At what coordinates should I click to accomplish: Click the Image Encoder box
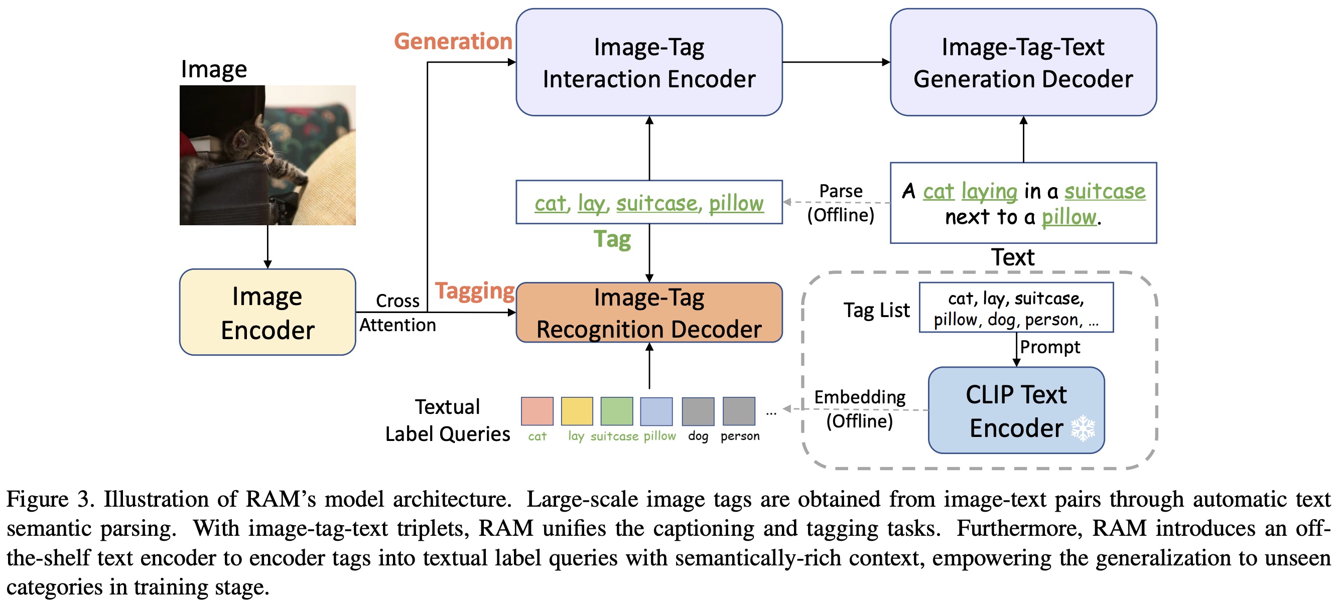[267, 312]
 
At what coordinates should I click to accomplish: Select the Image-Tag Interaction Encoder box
[649, 62]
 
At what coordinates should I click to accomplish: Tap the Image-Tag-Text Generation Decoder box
[1023, 62]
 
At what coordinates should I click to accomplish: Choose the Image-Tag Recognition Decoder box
[649, 313]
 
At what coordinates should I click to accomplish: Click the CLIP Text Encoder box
[1016, 410]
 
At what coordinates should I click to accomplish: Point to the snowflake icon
[1083, 428]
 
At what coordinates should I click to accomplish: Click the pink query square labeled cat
[537, 411]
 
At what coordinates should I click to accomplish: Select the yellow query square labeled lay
[577, 411]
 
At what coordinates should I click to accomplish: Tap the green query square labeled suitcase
[616, 411]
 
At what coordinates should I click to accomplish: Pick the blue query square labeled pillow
[656, 411]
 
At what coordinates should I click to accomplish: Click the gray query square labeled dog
[698, 411]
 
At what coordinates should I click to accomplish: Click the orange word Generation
[453, 42]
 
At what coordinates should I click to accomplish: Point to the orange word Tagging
[474, 291]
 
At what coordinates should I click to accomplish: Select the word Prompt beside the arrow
[1050, 347]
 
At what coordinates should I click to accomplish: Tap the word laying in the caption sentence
[989, 192]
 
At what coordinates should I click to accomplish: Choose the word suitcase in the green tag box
[657, 203]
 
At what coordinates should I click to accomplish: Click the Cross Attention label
[397, 313]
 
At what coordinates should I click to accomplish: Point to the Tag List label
[876, 310]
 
